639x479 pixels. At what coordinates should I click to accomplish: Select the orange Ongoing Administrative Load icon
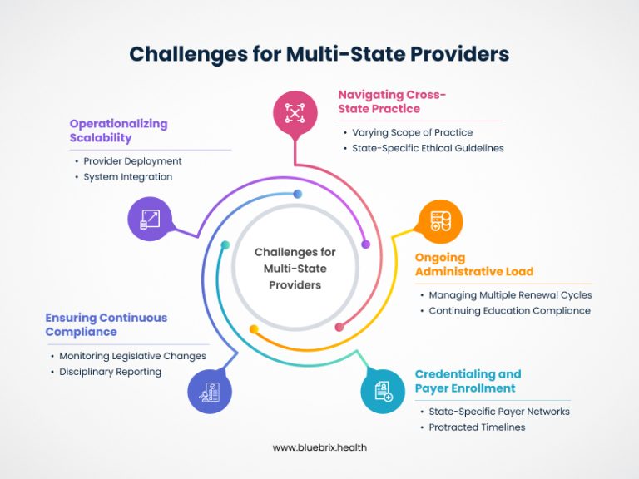pos(439,221)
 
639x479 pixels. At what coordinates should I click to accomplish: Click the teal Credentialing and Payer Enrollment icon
pos(383,391)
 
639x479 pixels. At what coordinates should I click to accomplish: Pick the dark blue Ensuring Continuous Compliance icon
pos(209,391)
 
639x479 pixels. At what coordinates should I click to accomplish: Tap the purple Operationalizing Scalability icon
pos(150,220)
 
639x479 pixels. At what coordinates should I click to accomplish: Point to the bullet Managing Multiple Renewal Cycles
pos(510,294)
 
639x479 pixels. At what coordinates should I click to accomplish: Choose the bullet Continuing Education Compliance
pos(509,310)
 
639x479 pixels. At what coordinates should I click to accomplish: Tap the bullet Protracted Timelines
pos(477,427)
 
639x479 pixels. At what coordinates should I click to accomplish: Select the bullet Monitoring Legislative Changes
pos(132,356)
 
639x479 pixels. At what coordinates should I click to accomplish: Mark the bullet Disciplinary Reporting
pos(110,372)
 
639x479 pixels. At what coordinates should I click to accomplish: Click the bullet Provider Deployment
pos(132,160)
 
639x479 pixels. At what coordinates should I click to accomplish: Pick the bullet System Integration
pos(127,176)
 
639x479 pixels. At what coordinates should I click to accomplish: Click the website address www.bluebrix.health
pos(319,447)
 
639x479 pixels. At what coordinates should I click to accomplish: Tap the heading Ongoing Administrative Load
pos(474,264)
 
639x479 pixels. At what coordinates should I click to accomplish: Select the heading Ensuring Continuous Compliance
pos(106,324)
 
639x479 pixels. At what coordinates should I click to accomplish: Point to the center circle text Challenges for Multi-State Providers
pos(295,268)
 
